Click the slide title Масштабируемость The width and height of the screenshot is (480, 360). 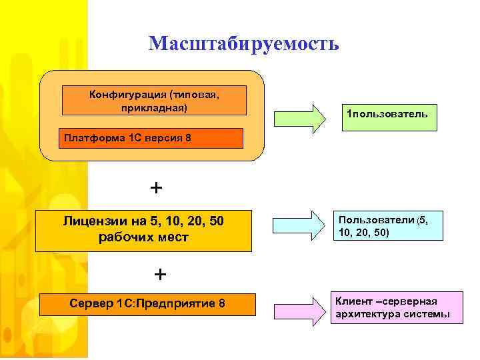pyautogui.click(x=244, y=43)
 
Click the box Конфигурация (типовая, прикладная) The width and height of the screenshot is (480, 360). pyautogui.click(x=154, y=100)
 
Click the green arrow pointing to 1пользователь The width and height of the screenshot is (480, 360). pyautogui.click(x=299, y=117)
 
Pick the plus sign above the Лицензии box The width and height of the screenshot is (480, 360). pyautogui.click(x=156, y=188)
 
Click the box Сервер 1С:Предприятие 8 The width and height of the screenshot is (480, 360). pyautogui.click(x=147, y=304)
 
